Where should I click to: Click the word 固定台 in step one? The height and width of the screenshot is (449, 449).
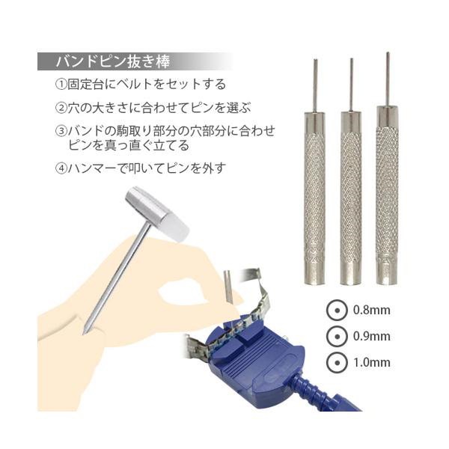[85, 85]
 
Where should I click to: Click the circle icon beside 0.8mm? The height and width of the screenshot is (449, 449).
[336, 309]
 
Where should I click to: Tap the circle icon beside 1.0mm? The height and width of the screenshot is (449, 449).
[336, 363]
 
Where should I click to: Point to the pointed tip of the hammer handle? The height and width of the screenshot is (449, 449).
[89, 329]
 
